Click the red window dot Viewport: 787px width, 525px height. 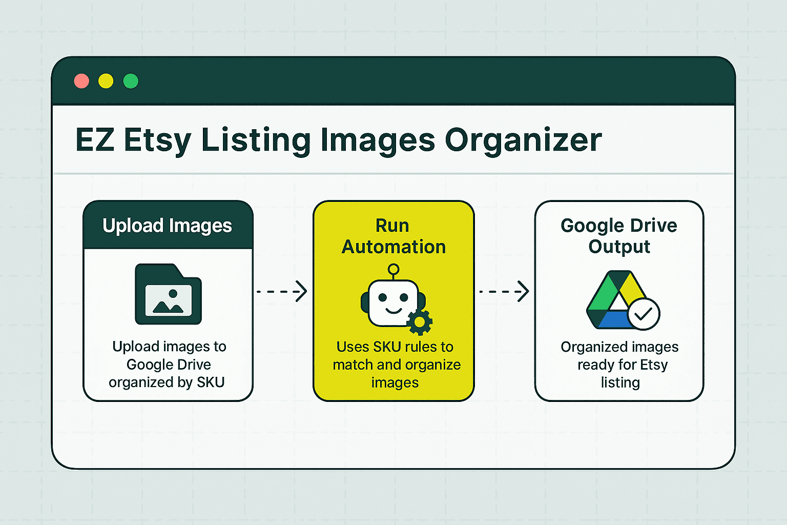click(x=81, y=81)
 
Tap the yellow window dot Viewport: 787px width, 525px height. click(x=106, y=81)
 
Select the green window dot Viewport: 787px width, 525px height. click(x=131, y=81)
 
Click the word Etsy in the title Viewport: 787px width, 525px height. click(x=158, y=140)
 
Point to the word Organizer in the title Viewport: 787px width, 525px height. click(x=523, y=140)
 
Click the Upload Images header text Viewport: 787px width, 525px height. click(x=167, y=226)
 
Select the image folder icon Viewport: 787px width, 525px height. click(x=168, y=294)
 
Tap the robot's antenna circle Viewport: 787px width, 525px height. click(x=393, y=269)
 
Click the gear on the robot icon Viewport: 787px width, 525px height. click(x=420, y=322)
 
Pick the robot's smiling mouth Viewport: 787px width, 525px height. click(x=393, y=310)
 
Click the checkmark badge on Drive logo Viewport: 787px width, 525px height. click(x=644, y=314)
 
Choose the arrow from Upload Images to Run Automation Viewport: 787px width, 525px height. click(x=282, y=291)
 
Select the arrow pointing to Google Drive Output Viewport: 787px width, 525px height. click(x=504, y=291)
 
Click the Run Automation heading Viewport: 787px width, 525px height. click(x=393, y=236)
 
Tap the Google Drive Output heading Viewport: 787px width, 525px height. click(x=619, y=236)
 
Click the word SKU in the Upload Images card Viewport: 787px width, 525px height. click(x=211, y=382)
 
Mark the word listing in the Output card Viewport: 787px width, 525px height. click(x=620, y=382)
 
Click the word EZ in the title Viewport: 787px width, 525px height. click(x=95, y=140)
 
